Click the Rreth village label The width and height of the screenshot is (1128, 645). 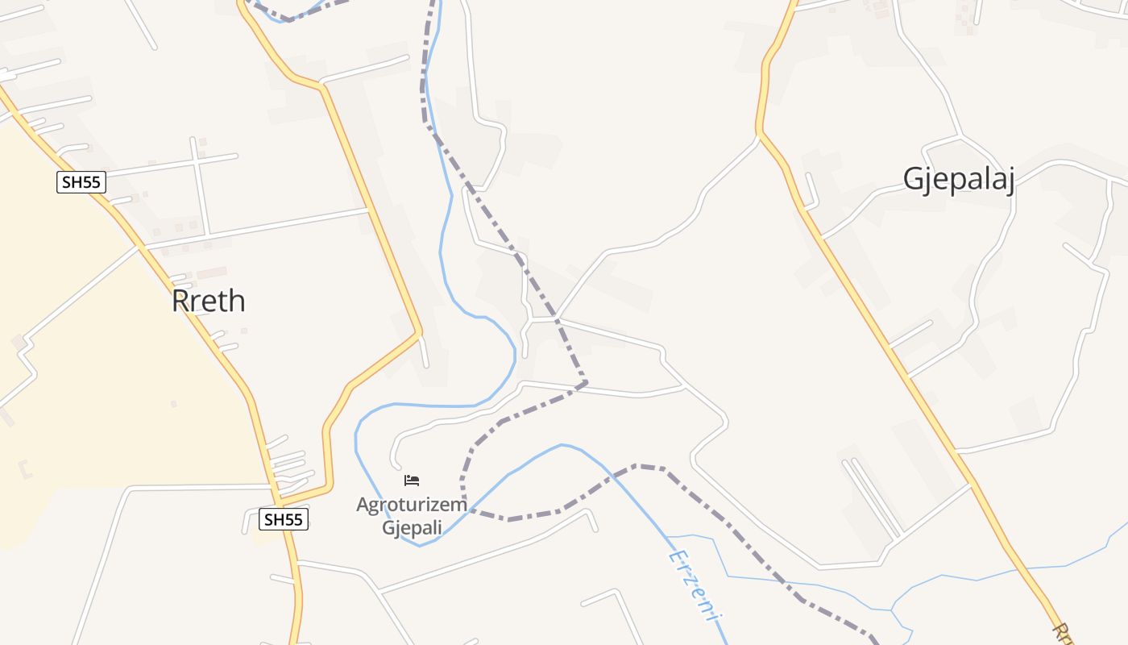(x=208, y=302)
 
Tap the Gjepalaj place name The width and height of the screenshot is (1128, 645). (x=958, y=179)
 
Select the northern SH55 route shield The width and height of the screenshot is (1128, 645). (x=81, y=182)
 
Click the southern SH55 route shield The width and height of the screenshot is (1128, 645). (x=284, y=520)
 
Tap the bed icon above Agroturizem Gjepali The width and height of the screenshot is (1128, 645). (x=412, y=481)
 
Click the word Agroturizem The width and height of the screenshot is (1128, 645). (x=412, y=506)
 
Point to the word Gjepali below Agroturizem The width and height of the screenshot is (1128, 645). (x=412, y=528)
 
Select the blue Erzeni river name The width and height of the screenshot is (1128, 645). (x=692, y=585)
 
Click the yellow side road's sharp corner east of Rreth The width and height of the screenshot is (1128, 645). (x=420, y=331)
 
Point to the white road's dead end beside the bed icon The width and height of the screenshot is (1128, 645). (x=397, y=465)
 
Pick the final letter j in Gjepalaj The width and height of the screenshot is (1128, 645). (x=1008, y=181)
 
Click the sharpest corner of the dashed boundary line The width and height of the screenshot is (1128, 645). (x=586, y=381)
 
